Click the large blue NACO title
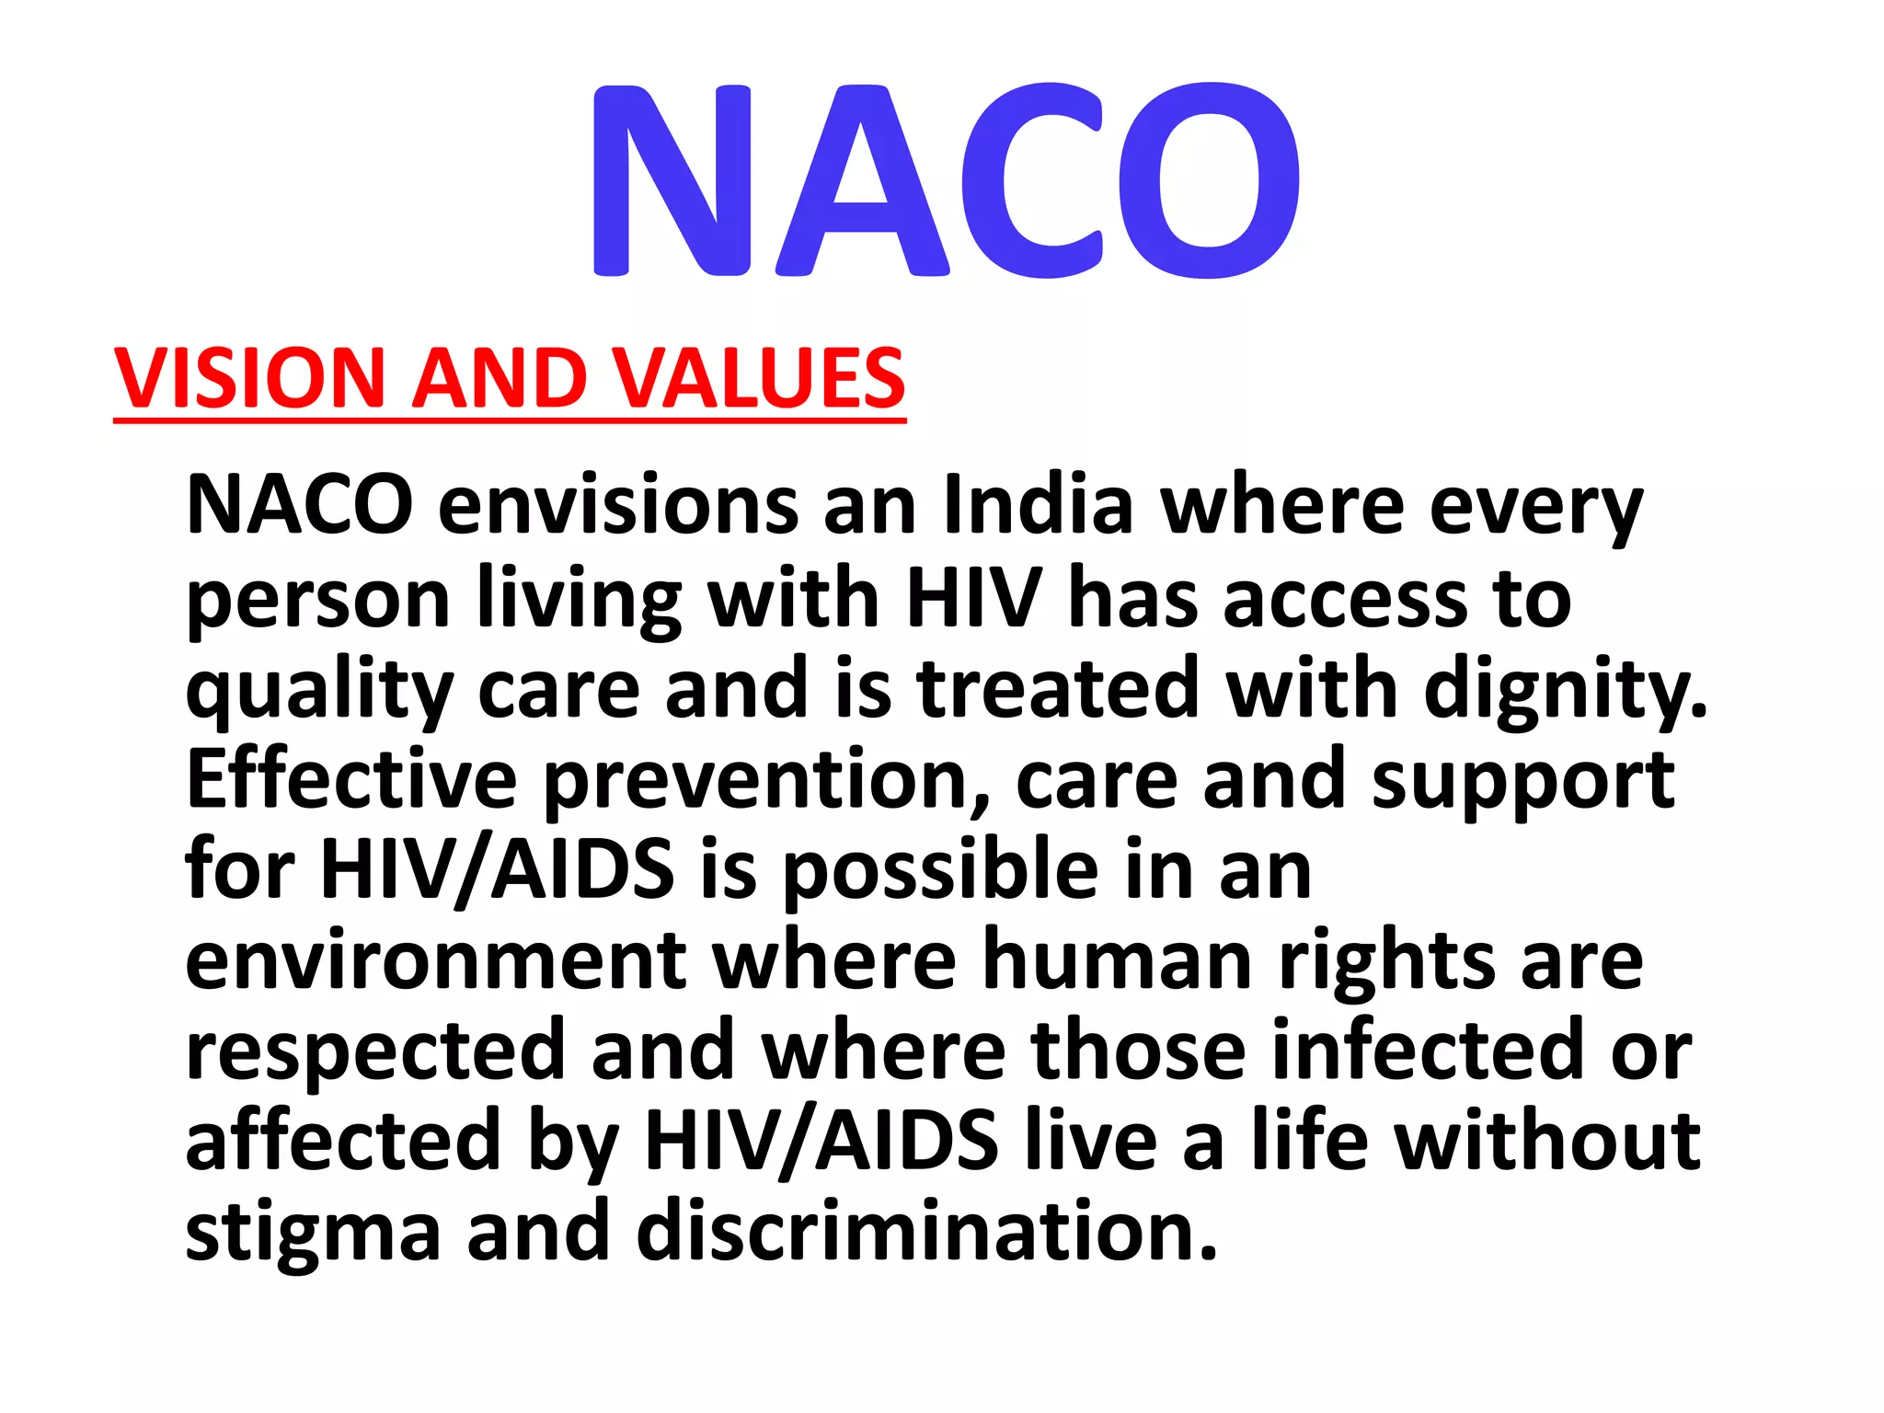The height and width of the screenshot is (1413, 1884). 946,180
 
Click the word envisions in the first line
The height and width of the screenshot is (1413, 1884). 618,505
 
